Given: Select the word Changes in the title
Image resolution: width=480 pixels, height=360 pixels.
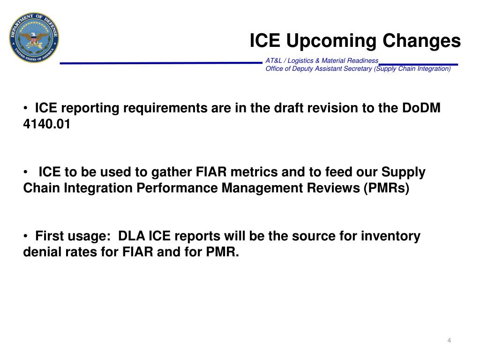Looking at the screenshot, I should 422,41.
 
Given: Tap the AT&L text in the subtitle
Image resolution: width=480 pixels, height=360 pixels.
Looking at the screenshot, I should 274,60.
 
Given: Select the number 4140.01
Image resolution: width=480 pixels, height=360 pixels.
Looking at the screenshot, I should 47,125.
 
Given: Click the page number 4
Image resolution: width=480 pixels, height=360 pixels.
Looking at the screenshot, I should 449,340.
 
